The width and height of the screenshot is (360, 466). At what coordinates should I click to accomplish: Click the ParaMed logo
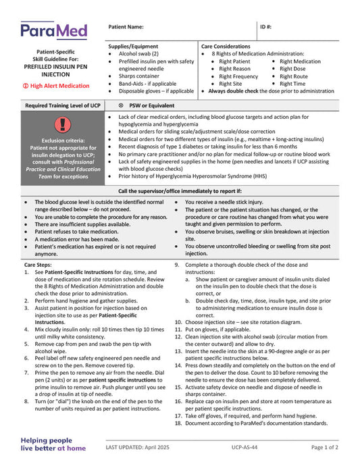[53, 30]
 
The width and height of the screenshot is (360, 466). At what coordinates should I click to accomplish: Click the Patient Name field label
[126, 27]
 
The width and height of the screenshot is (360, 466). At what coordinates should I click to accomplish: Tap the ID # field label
[266, 27]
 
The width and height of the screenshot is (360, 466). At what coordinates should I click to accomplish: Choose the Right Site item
[230, 84]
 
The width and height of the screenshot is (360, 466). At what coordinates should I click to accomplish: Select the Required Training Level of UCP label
[62, 105]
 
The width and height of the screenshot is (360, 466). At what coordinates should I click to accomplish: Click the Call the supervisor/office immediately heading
[180, 191]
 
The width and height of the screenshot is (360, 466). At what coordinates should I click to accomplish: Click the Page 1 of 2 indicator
[325, 447]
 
